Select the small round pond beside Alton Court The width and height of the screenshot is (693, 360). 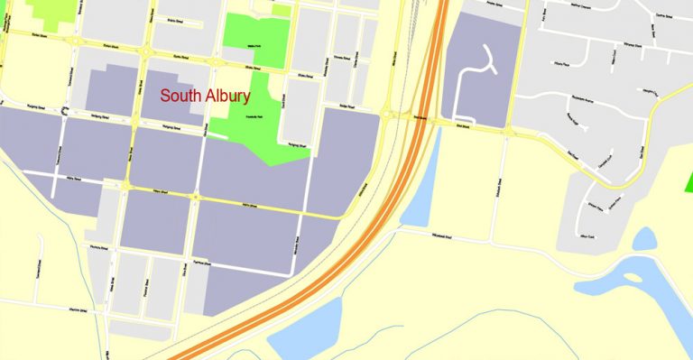pos(644,239)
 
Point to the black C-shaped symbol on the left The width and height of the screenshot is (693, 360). pos(65,110)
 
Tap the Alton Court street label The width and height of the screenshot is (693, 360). pos(593,234)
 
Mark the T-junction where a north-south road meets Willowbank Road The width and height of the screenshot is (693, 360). pos(492,242)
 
